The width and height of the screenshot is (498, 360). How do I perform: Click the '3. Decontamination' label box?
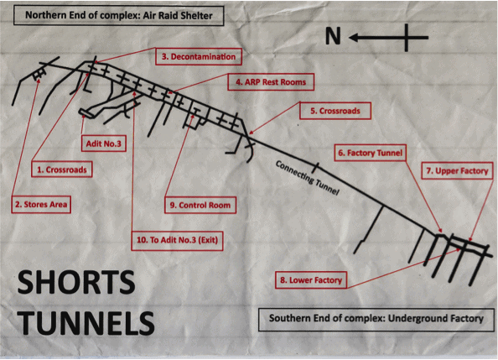(x=199, y=56)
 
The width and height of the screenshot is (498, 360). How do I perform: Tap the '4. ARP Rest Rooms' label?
(x=271, y=82)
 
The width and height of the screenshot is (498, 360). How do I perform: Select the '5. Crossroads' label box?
(x=335, y=111)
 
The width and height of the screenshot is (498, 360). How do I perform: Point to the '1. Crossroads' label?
(x=61, y=170)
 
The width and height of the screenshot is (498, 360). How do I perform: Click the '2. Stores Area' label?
(x=41, y=204)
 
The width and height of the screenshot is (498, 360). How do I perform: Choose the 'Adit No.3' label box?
(x=104, y=143)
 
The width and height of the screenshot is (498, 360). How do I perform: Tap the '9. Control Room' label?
(x=200, y=205)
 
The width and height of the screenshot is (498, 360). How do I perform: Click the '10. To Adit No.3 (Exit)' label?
(x=177, y=240)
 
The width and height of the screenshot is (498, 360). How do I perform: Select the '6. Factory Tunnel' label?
(x=371, y=153)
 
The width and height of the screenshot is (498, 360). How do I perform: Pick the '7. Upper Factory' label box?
(x=457, y=171)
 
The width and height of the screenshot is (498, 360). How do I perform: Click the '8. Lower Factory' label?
(x=311, y=279)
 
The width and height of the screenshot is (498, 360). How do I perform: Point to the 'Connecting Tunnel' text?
(x=307, y=177)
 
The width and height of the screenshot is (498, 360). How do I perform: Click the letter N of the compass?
(x=333, y=35)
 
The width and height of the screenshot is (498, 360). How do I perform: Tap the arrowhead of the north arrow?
(x=354, y=38)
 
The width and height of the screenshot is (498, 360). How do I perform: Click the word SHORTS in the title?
(x=76, y=282)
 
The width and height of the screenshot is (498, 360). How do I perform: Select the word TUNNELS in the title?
(x=86, y=322)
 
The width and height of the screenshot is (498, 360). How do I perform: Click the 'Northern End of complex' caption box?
(x=119, y=15)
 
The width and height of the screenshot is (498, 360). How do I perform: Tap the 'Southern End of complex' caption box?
(x=376, y=319)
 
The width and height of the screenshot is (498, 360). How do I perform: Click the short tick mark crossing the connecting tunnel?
(x=315, y=167)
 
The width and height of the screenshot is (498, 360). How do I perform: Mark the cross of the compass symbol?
(x=407, y=38)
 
